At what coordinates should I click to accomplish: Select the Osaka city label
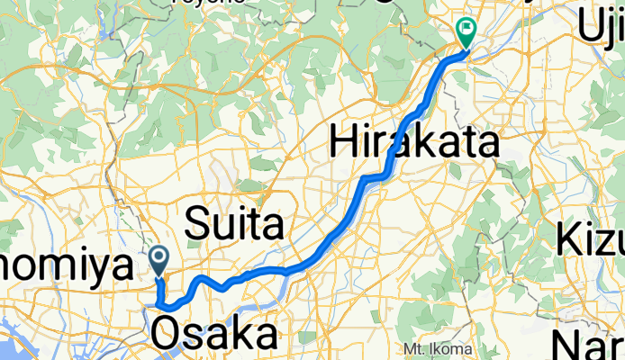(214, 334)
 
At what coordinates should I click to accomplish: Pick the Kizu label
(591, 240)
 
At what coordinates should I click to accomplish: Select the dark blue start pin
(159, 260)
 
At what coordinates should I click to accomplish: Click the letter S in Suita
(197, 226)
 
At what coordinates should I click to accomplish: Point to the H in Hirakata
(343, 143)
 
